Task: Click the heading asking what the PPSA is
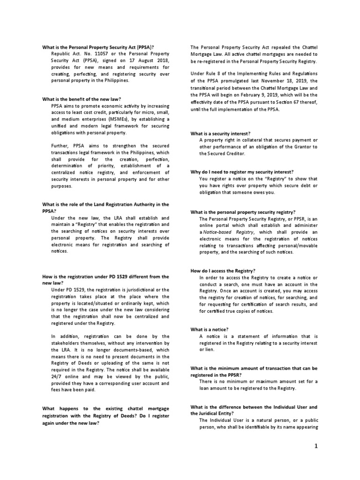coord(98,47)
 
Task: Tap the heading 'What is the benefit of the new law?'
coord(82,99)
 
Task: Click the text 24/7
coord(59,376)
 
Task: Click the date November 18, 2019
coord(286,81)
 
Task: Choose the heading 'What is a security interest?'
coord(220,133)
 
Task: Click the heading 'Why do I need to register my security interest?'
coord(242,172)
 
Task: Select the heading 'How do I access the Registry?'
coord(223,271)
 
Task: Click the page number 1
coord(316,446)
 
